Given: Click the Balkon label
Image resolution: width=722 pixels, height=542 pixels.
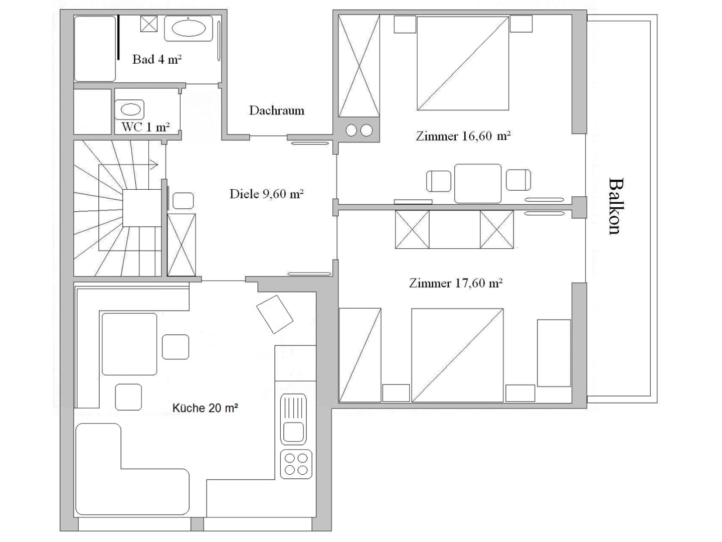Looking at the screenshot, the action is click(614, 206).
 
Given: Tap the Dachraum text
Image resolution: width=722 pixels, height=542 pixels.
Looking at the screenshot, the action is click(277, 110).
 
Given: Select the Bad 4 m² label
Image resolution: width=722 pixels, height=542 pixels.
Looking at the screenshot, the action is click(157, 59).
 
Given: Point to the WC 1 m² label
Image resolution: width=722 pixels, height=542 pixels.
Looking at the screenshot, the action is click(146, 127).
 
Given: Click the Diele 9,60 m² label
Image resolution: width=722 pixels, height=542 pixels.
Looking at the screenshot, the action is click(266, 194).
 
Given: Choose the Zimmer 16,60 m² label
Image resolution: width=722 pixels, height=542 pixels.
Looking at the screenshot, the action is click(463, 136).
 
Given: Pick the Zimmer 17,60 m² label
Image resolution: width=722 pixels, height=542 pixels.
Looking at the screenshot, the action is click(456, 283).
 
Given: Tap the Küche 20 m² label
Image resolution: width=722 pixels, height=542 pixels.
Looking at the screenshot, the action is click(205, 408).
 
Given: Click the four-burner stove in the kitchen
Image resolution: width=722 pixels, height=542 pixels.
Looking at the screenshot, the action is click(296, 464).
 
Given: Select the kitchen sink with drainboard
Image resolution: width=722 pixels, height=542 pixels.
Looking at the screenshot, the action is click(293, 419).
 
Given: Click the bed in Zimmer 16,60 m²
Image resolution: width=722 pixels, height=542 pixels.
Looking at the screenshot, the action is click(463, 63).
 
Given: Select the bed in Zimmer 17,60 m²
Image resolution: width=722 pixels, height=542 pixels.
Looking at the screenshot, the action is click(457, 355).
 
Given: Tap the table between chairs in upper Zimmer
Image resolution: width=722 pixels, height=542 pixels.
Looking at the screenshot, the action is click(478, 184).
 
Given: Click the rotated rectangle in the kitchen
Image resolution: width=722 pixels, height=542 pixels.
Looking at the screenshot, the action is click(275, 314).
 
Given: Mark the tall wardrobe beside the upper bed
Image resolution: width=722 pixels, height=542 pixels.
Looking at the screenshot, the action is click(359, 65).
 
